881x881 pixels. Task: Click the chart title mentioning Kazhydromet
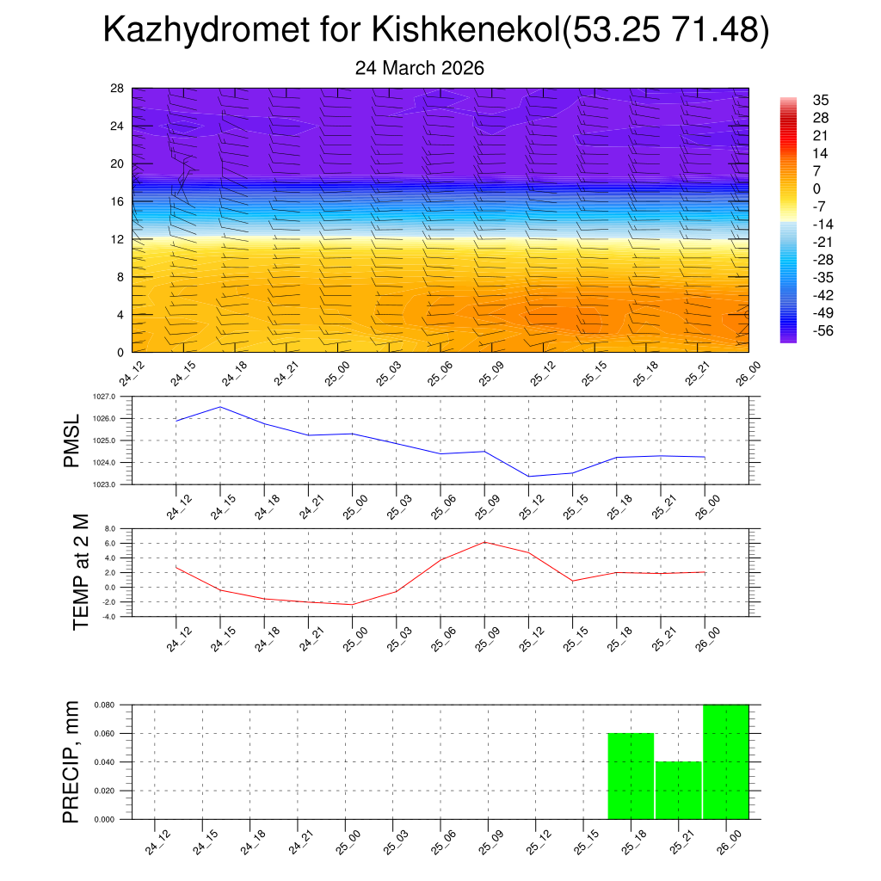[x=435, y=31]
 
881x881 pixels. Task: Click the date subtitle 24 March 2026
[x=420, y=68]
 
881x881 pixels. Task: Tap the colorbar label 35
[x=820, y=101]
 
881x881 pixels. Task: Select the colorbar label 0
[x=816, y=188]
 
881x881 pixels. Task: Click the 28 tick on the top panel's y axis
[x=117, y=88]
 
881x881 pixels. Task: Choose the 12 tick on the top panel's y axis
[x=117, y=239]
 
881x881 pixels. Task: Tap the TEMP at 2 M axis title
[x=81, y=572]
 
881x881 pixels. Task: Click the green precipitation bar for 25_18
[x=631, y=775]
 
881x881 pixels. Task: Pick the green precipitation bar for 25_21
[x=678, y=790]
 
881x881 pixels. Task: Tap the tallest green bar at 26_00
[x=725, y=761]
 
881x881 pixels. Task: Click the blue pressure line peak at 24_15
[x=220, y=407]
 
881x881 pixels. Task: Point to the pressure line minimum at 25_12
[x=528, y=476]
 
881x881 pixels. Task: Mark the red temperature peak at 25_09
[x=485, y=542]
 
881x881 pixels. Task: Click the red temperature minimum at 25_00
[x=353, y=605]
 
